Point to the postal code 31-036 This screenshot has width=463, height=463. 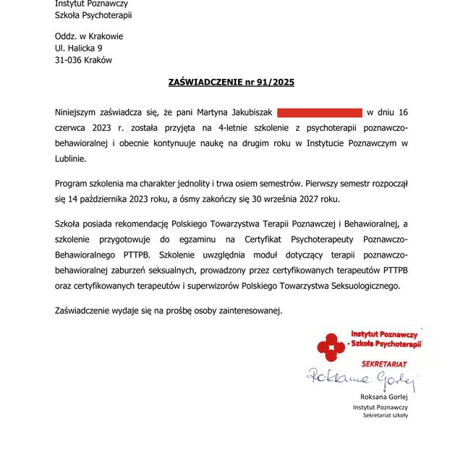pos(69,60)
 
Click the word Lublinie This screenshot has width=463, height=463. pos(70,158)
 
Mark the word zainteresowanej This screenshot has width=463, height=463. pos(246,310)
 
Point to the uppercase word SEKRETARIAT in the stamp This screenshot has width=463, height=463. pos(384,362)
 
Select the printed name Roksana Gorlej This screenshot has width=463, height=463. pos(383,396)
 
